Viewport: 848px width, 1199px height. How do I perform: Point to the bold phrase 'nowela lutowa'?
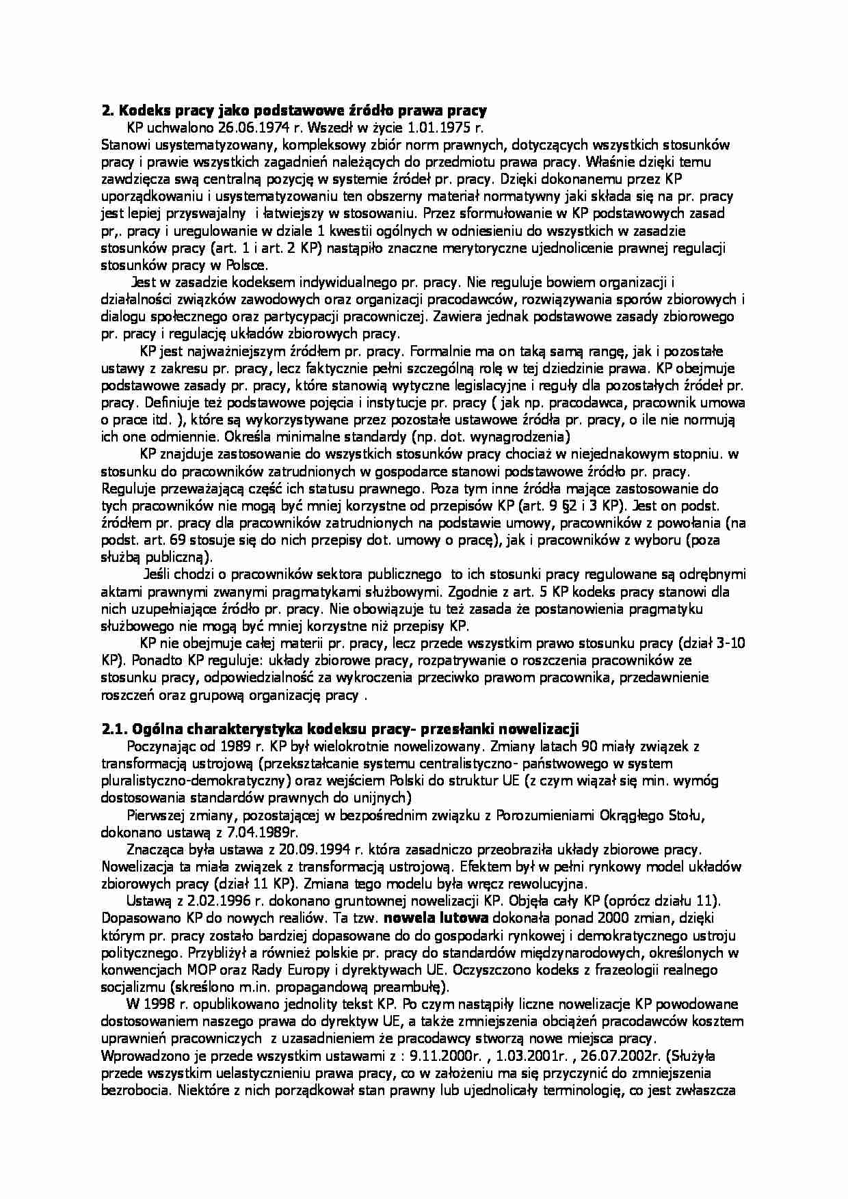pos(436,918)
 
